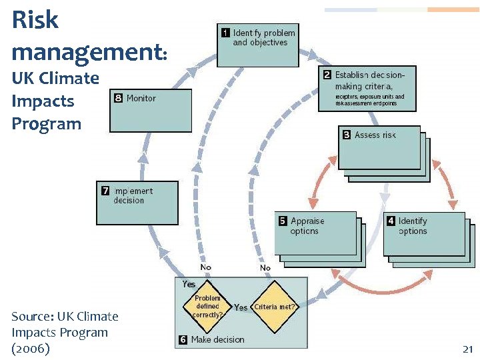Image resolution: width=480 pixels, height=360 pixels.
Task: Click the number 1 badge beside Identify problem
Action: [x=226, y=33]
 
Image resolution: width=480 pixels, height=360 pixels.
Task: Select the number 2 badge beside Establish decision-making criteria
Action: [x=327, y=75]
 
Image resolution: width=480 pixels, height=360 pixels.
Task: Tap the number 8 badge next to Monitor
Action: [x=119, y=98]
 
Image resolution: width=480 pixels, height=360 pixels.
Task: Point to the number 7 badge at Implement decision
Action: [x=105, y=191]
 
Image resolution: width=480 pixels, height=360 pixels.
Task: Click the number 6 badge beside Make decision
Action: [x=183, y=339]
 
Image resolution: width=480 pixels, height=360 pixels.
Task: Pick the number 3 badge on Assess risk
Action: [x=347, y=135]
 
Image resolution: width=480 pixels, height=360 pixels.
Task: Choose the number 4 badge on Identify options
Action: [x=391, y=221]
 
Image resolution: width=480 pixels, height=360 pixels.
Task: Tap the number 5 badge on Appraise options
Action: [x=283, y=221]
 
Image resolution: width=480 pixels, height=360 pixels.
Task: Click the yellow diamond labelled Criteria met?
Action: [x=274, y=307]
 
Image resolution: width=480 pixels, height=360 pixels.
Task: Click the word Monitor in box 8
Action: [x=141, y=98]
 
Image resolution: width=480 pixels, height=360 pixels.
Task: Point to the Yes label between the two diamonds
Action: [x=241, y=307]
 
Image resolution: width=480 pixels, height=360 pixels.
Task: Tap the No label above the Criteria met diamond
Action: [x=265, y=267]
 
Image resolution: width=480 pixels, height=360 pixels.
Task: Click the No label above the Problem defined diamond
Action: [x=205, y=267]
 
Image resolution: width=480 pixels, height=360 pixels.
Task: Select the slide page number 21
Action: [x=467, y=349]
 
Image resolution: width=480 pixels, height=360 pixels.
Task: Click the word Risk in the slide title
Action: [x=35, y=21]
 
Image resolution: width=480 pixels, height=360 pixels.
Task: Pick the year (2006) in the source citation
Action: [x=31, y=348]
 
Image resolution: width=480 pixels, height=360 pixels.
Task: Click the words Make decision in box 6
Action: [x=217, y=339]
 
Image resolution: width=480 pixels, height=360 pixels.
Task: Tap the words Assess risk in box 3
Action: [x=375, y=135]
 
